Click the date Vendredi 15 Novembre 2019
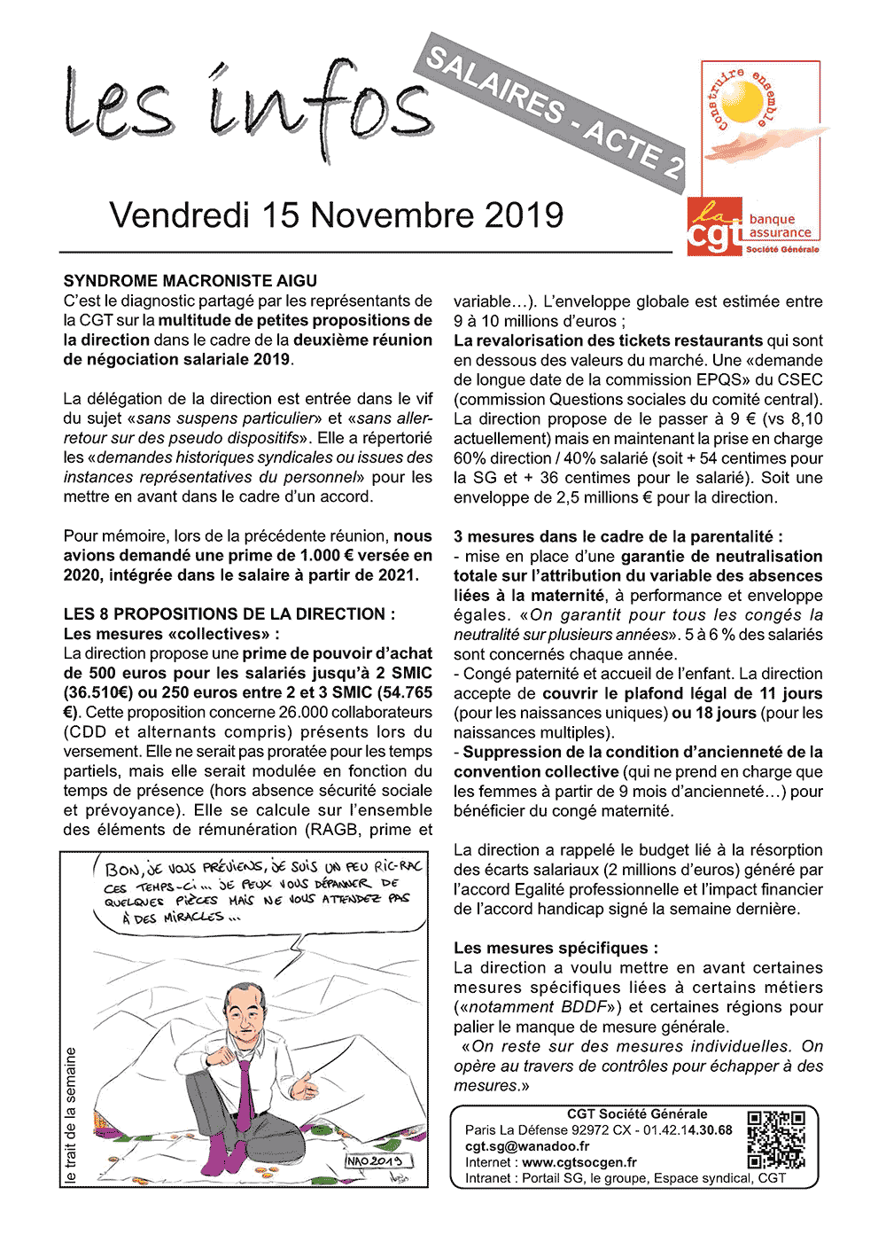click(337, 215)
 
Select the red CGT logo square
click(714, 227)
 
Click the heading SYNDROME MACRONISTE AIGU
click(190, 281)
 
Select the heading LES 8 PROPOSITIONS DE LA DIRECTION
click(229, 613)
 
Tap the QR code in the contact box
click(776, 1139)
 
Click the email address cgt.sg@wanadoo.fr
click(527, 1146)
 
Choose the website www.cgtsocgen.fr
click(579, 1162)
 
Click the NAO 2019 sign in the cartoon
click(375, 1160)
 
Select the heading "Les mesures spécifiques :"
click(556, 948)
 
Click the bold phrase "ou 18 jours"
click(714, 713)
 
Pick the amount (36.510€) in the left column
click(104, 692)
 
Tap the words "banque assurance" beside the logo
click(780, 226)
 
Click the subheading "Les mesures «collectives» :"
click(172, 634)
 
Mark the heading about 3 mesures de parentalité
click(618, 536)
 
